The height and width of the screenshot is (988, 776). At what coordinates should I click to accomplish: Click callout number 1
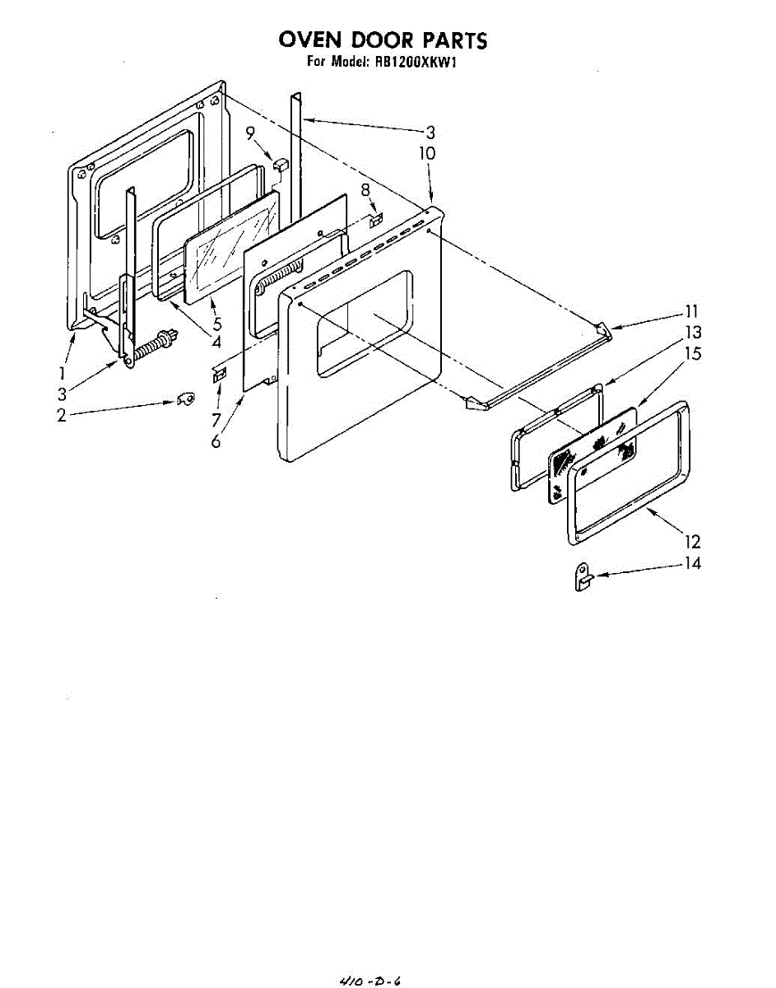pos(62,373)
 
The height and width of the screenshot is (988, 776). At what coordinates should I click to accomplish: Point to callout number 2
pos(62,416)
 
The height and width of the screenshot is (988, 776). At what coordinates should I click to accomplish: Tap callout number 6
pos(216,441)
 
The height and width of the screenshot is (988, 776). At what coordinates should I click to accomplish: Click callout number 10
pos(426,153)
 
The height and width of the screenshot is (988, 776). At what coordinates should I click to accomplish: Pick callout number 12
pos(692,541)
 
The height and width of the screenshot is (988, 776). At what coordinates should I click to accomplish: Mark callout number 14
pos(692,564)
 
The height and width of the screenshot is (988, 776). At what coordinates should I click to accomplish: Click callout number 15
pos(692,353)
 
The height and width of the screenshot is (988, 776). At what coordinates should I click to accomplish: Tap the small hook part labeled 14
pos(581,576)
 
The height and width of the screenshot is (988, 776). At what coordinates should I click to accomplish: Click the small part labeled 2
pos(187,399)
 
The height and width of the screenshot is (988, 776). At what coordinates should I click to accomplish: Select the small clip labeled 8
pos(376,220)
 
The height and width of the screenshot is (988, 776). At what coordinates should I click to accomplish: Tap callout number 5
pos(216,324)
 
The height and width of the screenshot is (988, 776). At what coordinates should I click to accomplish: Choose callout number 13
pos(693,333)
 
